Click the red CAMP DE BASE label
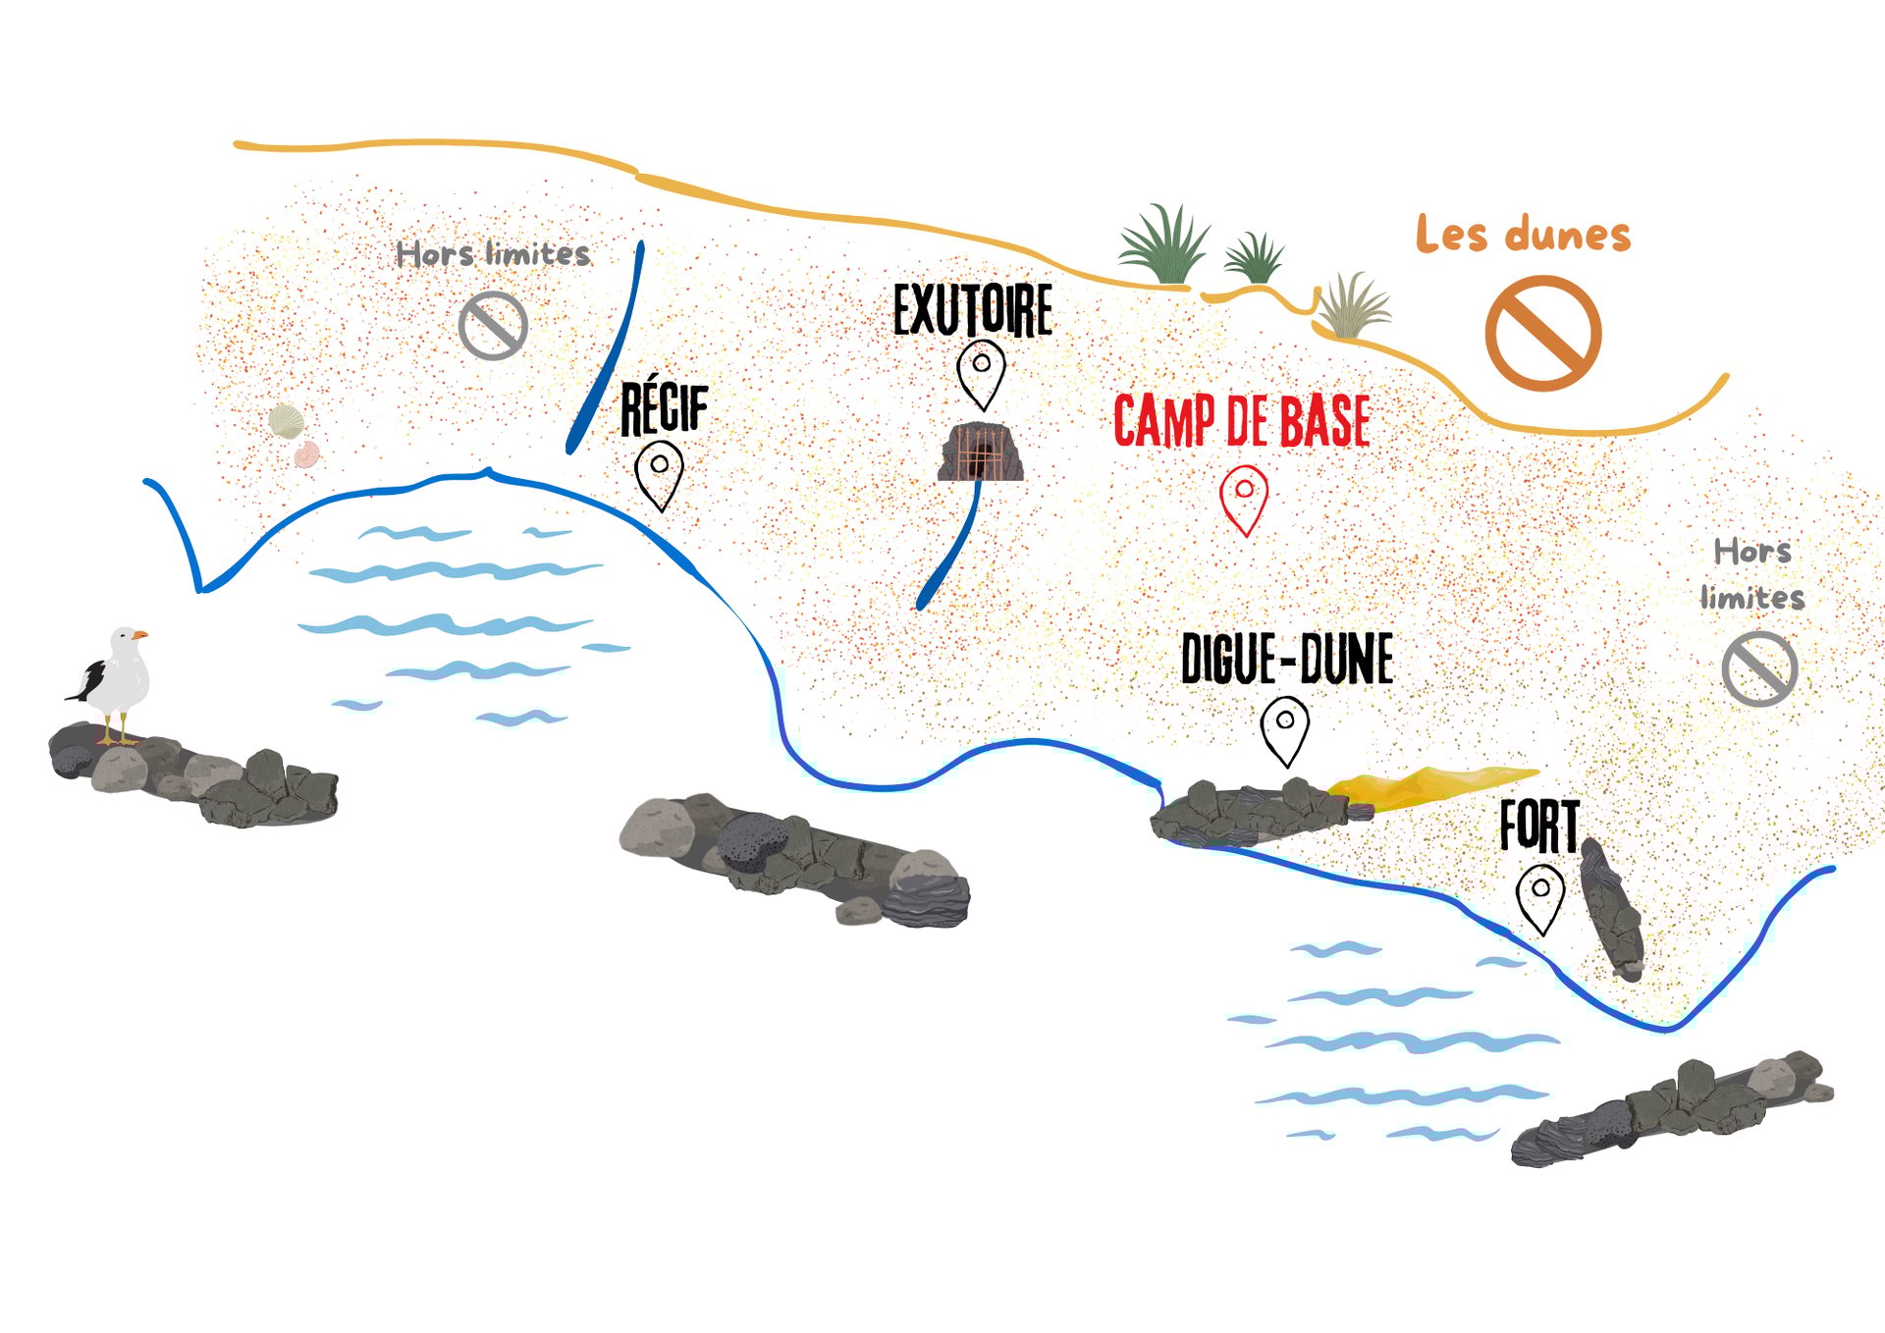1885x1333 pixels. pos(1241,421)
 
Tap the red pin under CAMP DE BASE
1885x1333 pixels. pos(1244,496)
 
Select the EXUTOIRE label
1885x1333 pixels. pos(972,310)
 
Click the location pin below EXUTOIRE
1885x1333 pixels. pos(981,370)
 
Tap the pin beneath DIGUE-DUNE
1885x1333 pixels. pos(1284,727)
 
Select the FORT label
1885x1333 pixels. pos(1538,826)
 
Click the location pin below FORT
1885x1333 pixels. pos(1540,895)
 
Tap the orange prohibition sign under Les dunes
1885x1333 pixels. pos(1542,333)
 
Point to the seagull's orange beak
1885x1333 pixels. pos(140,635)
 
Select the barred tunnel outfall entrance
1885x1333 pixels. pos(980,453)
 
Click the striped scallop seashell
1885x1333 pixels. pos(286,421)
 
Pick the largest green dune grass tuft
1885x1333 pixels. pos(1165,245)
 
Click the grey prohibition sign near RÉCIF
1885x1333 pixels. pos(493,325)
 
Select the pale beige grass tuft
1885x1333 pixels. pos(1353,307)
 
